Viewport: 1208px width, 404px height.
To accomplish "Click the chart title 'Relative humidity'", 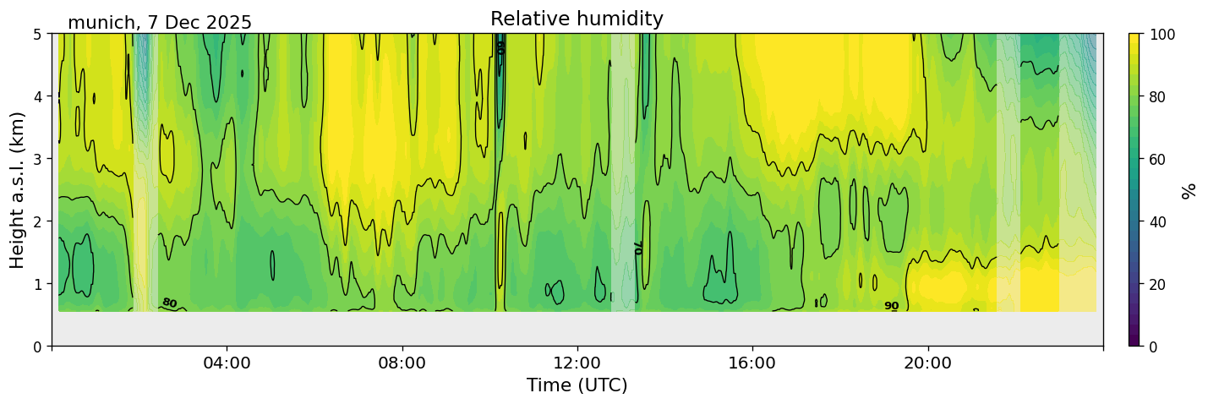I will [577, 19].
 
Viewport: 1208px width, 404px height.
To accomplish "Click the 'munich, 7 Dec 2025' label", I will [160, 23].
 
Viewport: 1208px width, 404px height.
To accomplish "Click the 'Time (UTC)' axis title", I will [577, 385].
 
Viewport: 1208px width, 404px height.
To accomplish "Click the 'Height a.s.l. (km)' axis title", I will [18, 190].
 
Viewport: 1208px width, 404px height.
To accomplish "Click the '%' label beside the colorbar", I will [1189, 190].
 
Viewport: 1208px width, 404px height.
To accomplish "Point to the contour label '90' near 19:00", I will [891, 306].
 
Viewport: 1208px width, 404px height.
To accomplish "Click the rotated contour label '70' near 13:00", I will [638, 247].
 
